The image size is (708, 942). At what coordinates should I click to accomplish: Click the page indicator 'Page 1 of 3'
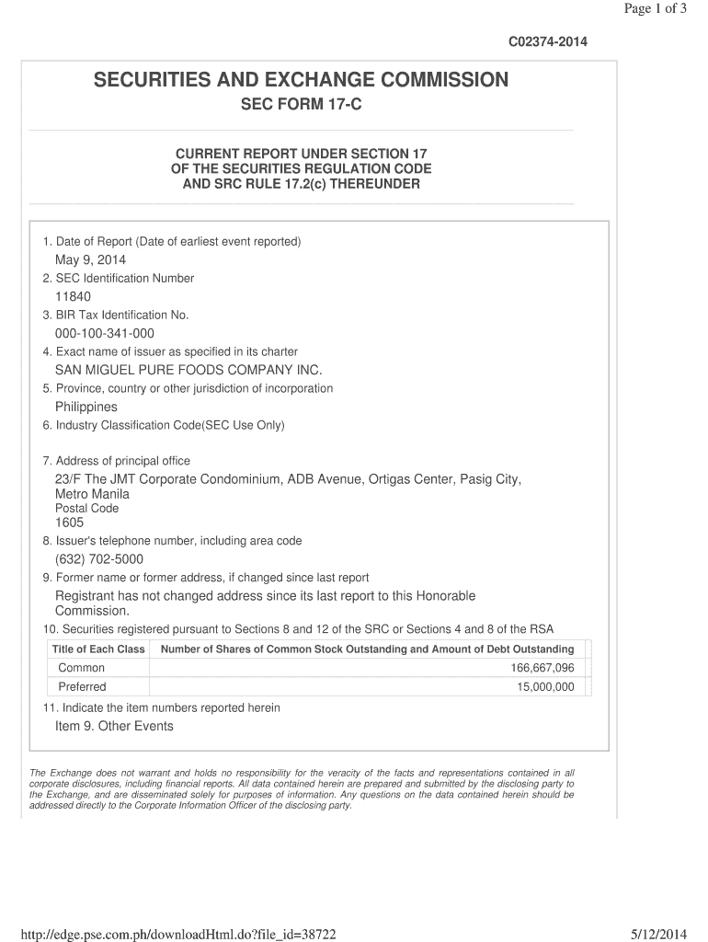coord(655,9)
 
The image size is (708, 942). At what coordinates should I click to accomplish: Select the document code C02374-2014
coord(548,42)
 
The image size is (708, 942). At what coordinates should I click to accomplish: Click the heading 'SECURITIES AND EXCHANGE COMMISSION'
coord(301,81)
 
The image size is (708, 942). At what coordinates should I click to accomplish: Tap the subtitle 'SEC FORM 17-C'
coord(302,106)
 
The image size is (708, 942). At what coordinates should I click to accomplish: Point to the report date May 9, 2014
coord(90,260)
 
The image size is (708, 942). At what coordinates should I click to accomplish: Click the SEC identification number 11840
coord(74,296)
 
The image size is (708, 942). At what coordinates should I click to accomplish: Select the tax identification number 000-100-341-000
coord(105,333)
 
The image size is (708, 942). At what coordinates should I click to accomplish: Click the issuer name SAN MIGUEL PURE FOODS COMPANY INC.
coord(189,370)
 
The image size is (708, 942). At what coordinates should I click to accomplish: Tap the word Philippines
coord(86,407)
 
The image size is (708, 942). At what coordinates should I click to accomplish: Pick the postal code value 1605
coord(70,523)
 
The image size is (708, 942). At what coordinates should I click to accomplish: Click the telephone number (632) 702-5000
coord(99,559)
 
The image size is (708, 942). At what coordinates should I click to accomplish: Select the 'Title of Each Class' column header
coord(98,649)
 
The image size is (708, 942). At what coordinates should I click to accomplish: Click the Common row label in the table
coord(82,668)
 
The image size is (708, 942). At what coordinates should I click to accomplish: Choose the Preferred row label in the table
coord(83,687)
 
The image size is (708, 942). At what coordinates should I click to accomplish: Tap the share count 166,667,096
coord(542,668)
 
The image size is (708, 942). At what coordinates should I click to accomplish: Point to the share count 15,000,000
coord(546,687)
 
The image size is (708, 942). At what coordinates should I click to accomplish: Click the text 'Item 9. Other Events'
coord(114,726)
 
